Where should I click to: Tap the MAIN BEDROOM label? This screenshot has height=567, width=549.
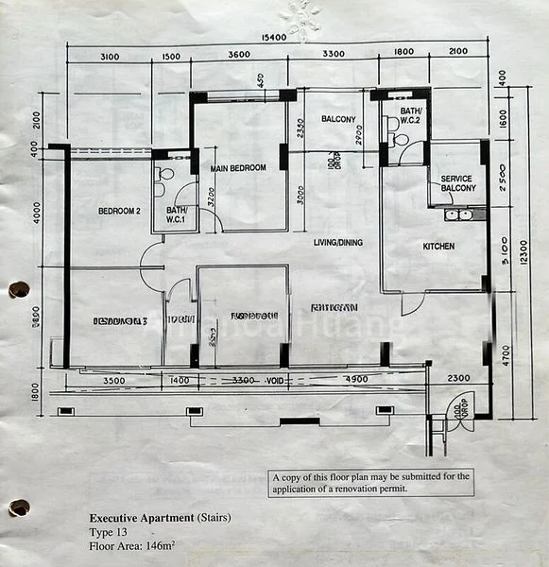click(x=238, y=168)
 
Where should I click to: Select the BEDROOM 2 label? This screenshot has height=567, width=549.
click(x=119, y=212)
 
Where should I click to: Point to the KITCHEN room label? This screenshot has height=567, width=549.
click(x=438, y=247)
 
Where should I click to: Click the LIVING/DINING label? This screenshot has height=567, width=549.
click(x=338, y=243)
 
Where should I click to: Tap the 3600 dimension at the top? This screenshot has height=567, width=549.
click(x=239, y=56)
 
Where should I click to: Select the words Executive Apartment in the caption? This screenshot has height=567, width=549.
click(x=142, y=518)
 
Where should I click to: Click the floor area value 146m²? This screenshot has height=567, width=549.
click(x=168, y=546)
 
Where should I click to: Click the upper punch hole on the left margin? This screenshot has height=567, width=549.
click(x=18, y=289)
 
